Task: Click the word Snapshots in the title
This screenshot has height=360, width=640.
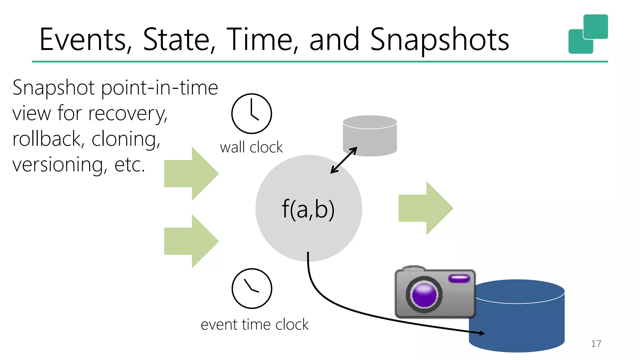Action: click(x=439, y=39)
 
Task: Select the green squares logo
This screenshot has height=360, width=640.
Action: click(x=588, y=34)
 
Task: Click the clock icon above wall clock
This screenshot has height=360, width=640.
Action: click(x=252, y=113)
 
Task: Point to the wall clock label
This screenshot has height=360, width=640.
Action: click(x=251, y=147)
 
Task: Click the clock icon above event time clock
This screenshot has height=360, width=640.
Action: click(x=252, y=288)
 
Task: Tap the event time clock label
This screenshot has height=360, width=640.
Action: click(x=254, y=324)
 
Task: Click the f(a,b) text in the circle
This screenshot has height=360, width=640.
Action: click(x=308, y=209)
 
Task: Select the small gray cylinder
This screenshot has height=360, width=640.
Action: click(x=370, y=136)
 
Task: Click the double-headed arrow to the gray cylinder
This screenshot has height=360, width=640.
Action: click(x=344, y=160)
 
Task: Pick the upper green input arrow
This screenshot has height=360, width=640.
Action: click(x=191, y=174)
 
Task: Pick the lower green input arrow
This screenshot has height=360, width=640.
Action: click(x=191, y=241)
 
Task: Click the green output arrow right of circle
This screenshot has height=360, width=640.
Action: click(x=426, y=208)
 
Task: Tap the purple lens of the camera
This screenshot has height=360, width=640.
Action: click(x=424, y=295)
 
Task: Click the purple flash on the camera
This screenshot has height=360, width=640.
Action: click(x=459, y=278)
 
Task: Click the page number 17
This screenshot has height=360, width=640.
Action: click(x=596, y=344)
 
